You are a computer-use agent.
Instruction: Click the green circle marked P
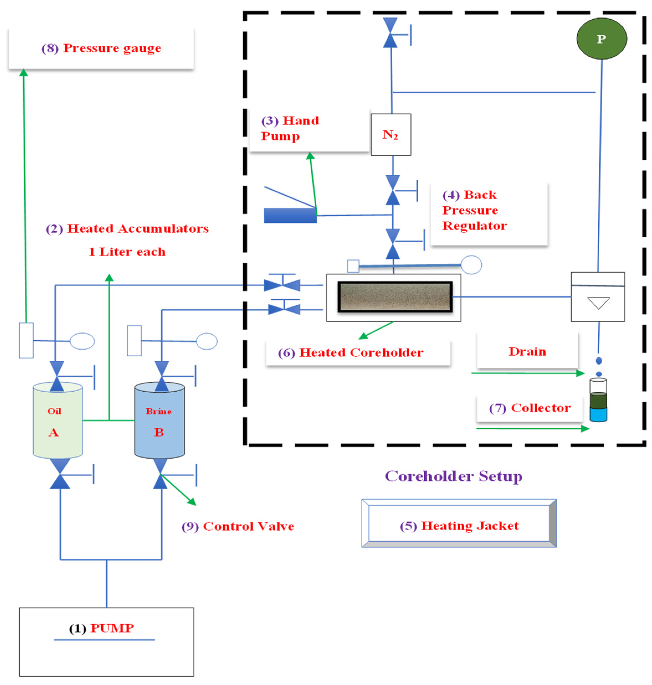point(601,38)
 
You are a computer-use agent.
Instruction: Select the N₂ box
point(391,135)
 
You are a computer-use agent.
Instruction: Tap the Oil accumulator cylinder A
point(58,420)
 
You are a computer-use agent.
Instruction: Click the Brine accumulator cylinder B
point(160,420)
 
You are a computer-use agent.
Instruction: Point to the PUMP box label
point(101,628)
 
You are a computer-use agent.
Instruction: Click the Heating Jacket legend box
point(459,526)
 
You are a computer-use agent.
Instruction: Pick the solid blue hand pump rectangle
point(290,215)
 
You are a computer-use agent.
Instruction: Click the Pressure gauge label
point(101,48)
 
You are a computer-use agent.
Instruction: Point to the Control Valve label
point(238,526)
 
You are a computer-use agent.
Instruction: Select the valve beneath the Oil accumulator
point(60,474)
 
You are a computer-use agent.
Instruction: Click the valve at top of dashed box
point(390,33)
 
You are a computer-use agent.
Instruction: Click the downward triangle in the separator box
point(598,303)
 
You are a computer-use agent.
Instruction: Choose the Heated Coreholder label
point(351,353)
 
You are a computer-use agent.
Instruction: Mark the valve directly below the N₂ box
point(393,190)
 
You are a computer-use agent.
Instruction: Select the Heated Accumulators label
point(128,229)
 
